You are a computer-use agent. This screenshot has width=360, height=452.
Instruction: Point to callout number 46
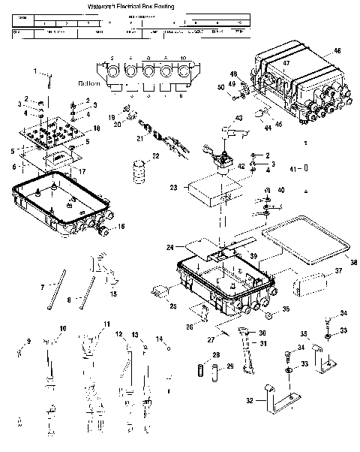[x=337, y=50]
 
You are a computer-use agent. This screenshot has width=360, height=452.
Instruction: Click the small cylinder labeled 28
[x=200, y=372]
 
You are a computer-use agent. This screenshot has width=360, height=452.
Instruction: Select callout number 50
[x=220, y=88]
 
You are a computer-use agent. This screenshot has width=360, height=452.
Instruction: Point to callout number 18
[x=95, y=129]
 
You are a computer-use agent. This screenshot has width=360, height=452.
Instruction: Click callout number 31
[x=263, y=343]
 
